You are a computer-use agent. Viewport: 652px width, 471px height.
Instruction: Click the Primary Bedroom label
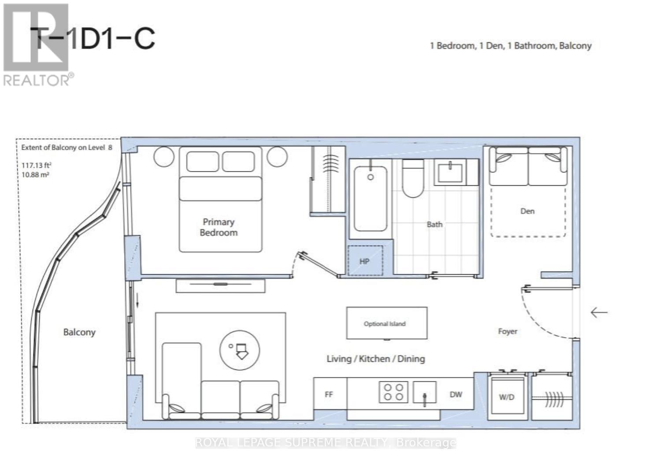[x=219, y=227]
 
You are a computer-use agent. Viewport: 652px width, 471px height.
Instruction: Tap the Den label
[x=527, y=211]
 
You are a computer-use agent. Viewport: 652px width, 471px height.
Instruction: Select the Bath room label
[x=434, y=224]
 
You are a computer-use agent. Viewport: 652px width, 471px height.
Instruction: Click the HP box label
[x=364, y=261]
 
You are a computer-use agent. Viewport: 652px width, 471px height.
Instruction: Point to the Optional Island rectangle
[x=387, y=323]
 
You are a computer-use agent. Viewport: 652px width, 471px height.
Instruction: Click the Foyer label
[x=508, y=331]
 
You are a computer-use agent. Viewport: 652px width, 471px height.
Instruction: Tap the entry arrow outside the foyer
[x=599, y=313]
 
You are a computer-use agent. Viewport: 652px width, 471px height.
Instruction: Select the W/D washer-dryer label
[x=507, y=397]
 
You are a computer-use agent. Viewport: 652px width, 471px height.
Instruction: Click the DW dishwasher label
[x=456, y=394]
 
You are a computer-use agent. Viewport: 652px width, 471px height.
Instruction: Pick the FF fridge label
[x=329, y=394]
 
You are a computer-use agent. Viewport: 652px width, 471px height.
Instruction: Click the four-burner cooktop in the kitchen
[x=393, y=392]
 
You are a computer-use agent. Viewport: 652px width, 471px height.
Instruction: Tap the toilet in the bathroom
[x=413, y=178]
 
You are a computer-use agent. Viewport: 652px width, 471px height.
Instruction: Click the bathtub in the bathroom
[x=370, y=199]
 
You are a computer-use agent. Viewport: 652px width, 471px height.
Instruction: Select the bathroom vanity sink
[x=450, y=172]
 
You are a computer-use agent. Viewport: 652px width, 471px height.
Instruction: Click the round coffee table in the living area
[x=240, y=350]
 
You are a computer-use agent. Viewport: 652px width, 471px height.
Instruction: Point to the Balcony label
[x=79, y=332]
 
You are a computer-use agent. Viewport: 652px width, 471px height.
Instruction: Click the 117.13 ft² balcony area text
[x=37, y=165]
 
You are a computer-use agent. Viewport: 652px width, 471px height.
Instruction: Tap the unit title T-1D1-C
[x=93, y=38]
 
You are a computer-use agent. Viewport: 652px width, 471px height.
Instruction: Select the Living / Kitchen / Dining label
[x=376, y=359]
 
